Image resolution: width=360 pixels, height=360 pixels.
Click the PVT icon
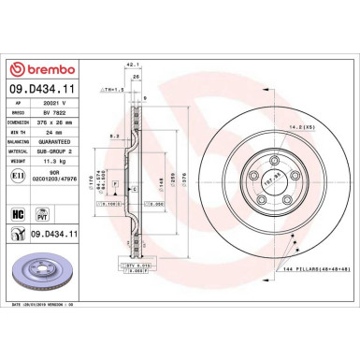(41, 214)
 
